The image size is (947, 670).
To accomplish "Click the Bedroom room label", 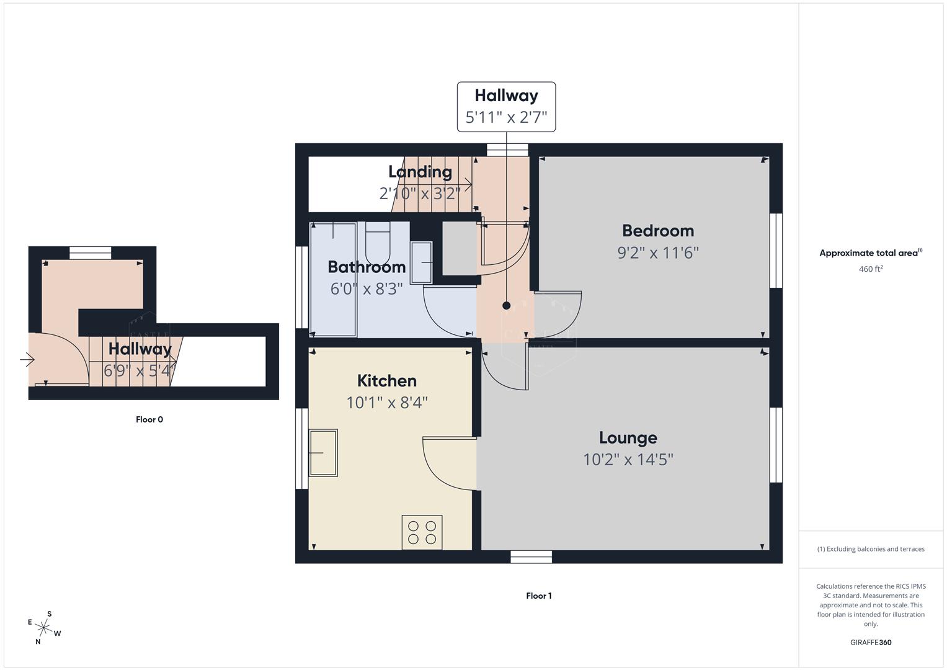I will click(657, 231).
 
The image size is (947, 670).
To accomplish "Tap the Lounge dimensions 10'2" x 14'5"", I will click(628, 460).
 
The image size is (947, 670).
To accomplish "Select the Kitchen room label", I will click(386, 381).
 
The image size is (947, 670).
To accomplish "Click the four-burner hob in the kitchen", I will click(422, 532).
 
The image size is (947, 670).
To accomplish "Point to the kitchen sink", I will click(323, 453).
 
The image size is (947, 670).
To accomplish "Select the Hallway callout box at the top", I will click(506, 107).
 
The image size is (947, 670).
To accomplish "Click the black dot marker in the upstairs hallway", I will click(506, 306).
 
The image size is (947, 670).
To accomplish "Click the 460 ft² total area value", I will click(870, 269).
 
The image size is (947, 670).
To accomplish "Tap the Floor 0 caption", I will click(149, 420).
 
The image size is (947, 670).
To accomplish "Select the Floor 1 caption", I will click(538, 596).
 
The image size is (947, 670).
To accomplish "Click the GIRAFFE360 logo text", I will click(870, 643).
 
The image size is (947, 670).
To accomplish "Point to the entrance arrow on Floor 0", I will click(27, 360).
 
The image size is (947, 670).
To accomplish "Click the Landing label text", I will click(420, 172).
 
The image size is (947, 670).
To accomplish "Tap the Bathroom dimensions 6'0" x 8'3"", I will click(367, 289).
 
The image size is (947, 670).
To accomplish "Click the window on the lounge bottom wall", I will click(531, 557).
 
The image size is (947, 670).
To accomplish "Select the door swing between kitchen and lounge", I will click(447, 462).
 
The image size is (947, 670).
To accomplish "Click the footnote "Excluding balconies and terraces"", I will click(871, 549).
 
